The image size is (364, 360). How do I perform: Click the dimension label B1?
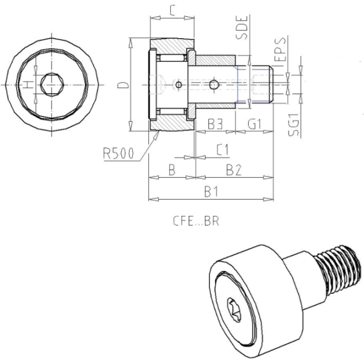coord(211,192)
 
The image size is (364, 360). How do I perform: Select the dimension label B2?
coord(234,170)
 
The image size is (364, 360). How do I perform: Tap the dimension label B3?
coord(215,124)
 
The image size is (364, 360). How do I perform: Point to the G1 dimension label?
coord(255,124)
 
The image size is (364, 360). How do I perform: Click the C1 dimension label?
coord(223,150)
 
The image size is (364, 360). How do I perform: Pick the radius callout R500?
coord(119,154)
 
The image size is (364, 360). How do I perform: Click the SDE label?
coord(242,27)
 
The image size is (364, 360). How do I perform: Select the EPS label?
coord(281,49)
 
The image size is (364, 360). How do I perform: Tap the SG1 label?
coord(293,125)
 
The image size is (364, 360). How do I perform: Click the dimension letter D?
coord(123,85)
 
